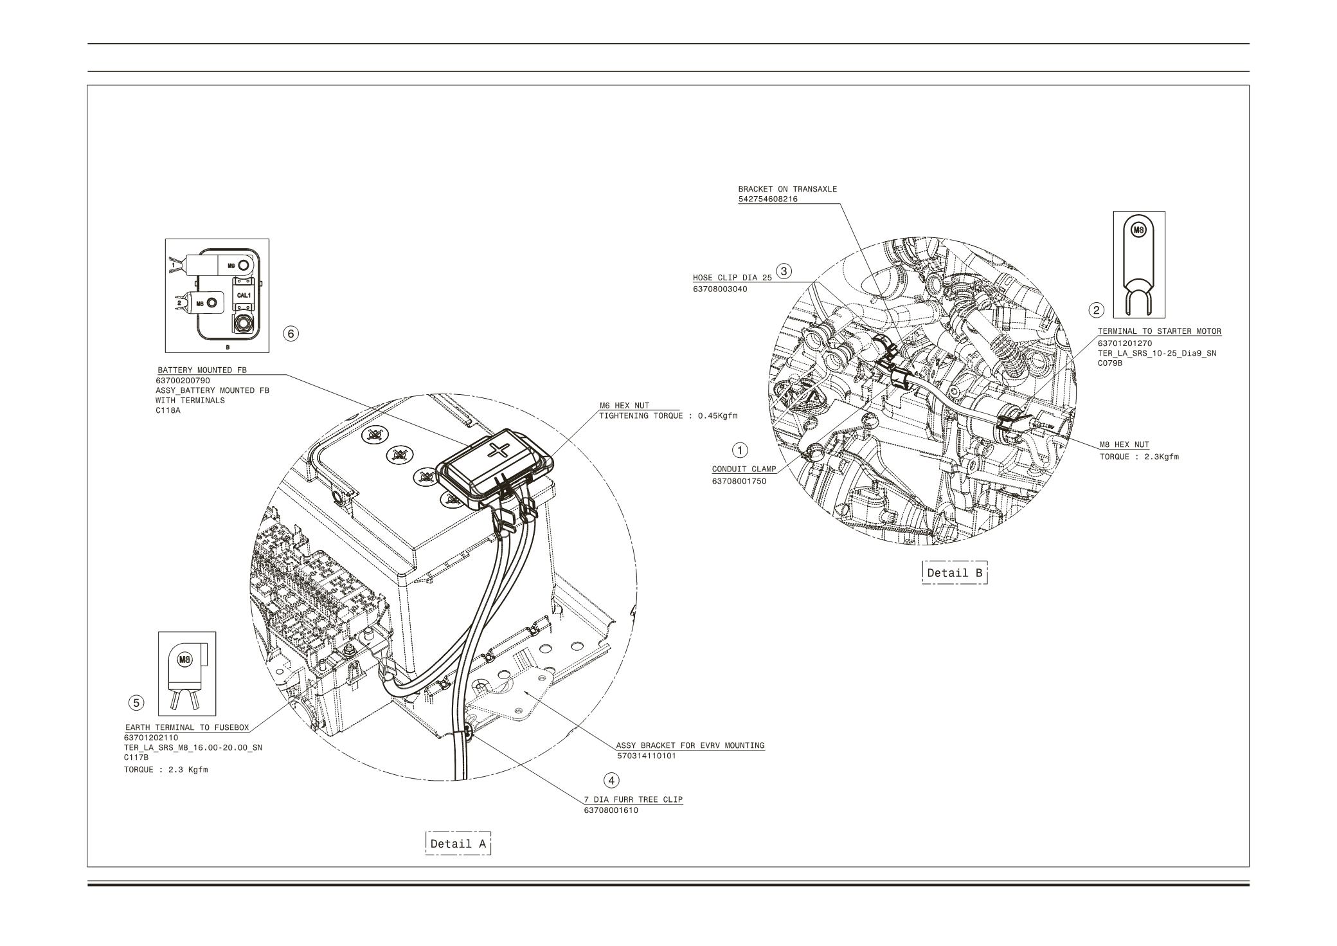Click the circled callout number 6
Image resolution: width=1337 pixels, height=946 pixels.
point(291,333)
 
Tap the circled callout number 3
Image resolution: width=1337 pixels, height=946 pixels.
point(784,271)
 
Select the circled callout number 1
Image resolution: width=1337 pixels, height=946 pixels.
point(740,449)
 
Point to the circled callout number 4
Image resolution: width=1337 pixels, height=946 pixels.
point(611,780)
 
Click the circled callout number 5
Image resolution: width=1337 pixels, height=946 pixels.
point(136,703)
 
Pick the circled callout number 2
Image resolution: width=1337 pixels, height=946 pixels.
point(1096,310)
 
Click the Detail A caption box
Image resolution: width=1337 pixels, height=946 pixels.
point(458,843)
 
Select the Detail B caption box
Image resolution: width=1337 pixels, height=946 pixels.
point(955,572)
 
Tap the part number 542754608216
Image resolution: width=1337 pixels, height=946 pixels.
point(768,199)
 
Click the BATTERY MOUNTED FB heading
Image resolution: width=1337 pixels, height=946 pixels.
point(202,370)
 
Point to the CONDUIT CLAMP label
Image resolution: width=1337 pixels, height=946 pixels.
point(744,469)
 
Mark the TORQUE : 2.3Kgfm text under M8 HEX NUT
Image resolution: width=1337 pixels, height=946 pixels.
point(1139,457)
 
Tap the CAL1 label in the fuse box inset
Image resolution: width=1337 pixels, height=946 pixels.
point(244,295)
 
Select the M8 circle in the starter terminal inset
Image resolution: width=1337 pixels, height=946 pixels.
point(1138,229)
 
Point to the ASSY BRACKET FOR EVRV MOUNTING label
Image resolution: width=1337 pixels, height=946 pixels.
point(690,745)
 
